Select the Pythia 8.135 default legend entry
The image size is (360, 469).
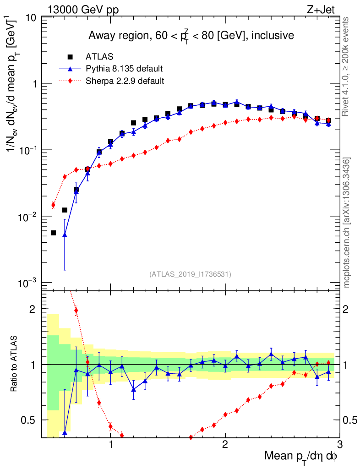point(125,69)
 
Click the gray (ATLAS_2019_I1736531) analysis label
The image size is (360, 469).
point(190,274)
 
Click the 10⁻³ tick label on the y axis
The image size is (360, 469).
point(28,283)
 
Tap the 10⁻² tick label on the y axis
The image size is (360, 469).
point(28,217)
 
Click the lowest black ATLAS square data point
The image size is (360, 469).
point(53,233)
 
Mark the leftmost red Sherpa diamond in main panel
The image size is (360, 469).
point(53,205)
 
